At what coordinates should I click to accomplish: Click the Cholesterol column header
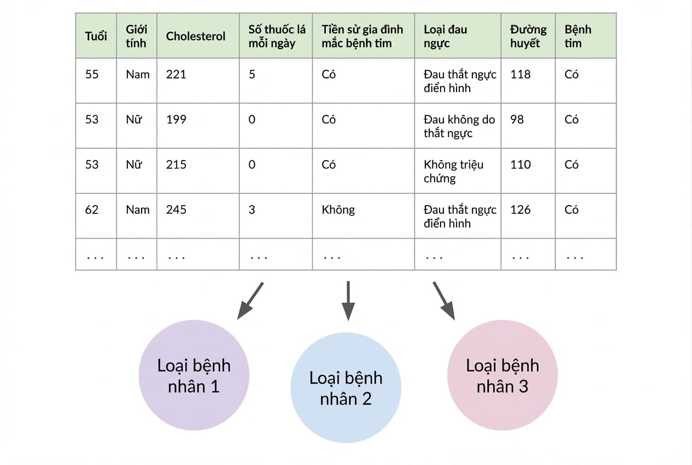click(195, 36)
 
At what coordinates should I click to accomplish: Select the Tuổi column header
click(96, 36)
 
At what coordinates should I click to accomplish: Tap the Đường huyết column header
click(528, 36)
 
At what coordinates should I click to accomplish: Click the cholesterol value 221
click(176, 75)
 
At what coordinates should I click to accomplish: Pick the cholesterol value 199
click(176, 120)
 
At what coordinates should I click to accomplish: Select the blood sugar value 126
click(520, 209)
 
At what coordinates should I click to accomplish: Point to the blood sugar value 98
click(517, 120)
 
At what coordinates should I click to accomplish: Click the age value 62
click(92, 209)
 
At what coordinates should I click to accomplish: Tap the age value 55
click(92, 75)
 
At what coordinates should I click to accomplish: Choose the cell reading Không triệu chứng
click(453, 172)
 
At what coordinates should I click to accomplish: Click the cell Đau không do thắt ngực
click(459, 127)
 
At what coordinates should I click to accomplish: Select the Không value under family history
click(338, 209)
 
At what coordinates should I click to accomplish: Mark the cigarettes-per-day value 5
click(252, 75)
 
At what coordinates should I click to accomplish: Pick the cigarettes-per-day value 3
click(252, 209)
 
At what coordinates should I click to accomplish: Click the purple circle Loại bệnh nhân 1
click(194, 375)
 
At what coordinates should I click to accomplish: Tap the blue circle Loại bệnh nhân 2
click(346, 388)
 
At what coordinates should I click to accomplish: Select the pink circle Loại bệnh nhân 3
click(502, 375)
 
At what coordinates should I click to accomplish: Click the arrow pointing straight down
click(348, 300)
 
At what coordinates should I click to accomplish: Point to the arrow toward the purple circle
click(250, 300)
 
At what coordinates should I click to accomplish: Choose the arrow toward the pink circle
click(444, 300)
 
